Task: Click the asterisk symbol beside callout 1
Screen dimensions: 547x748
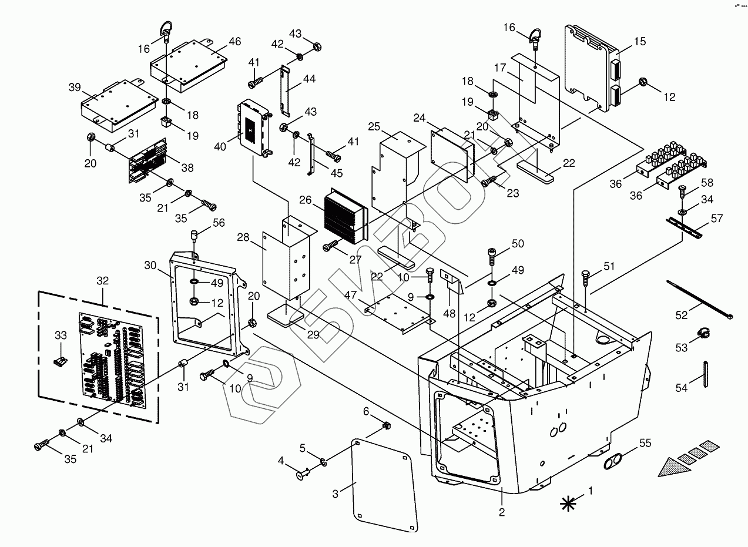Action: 568,502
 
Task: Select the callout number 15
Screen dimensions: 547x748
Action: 640,41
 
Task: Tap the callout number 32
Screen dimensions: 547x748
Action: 102,281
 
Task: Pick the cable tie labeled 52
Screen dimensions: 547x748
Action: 699,300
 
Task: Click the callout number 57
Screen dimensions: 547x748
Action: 716,219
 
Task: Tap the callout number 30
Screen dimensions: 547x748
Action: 150,265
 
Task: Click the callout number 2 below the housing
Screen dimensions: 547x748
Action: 502,512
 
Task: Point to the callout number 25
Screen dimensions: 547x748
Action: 375,126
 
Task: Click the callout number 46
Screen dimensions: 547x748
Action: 234,41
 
